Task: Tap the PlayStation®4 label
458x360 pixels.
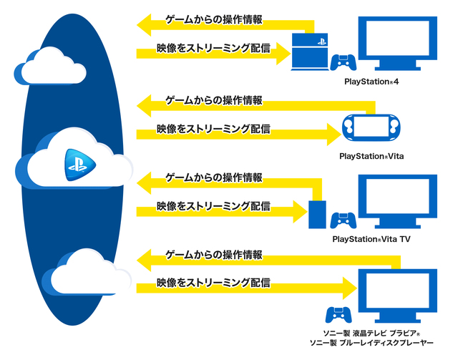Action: point(371,83)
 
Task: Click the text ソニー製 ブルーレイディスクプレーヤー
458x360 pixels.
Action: point(371,345)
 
